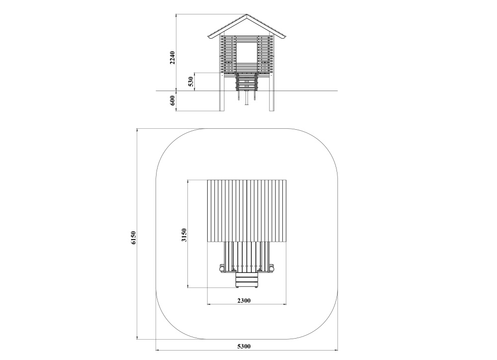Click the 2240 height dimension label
[x=172, y=57]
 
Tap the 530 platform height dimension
[x=191, y=82]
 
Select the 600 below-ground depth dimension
[x=172, y=100]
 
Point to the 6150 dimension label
[x=133, y=238]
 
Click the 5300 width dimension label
[x=244, y=346]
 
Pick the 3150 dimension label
[x=184, y=235]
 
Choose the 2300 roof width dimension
[x=244, y=300]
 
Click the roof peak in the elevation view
[x=247, y=14]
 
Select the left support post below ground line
[x=222, y=101]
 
